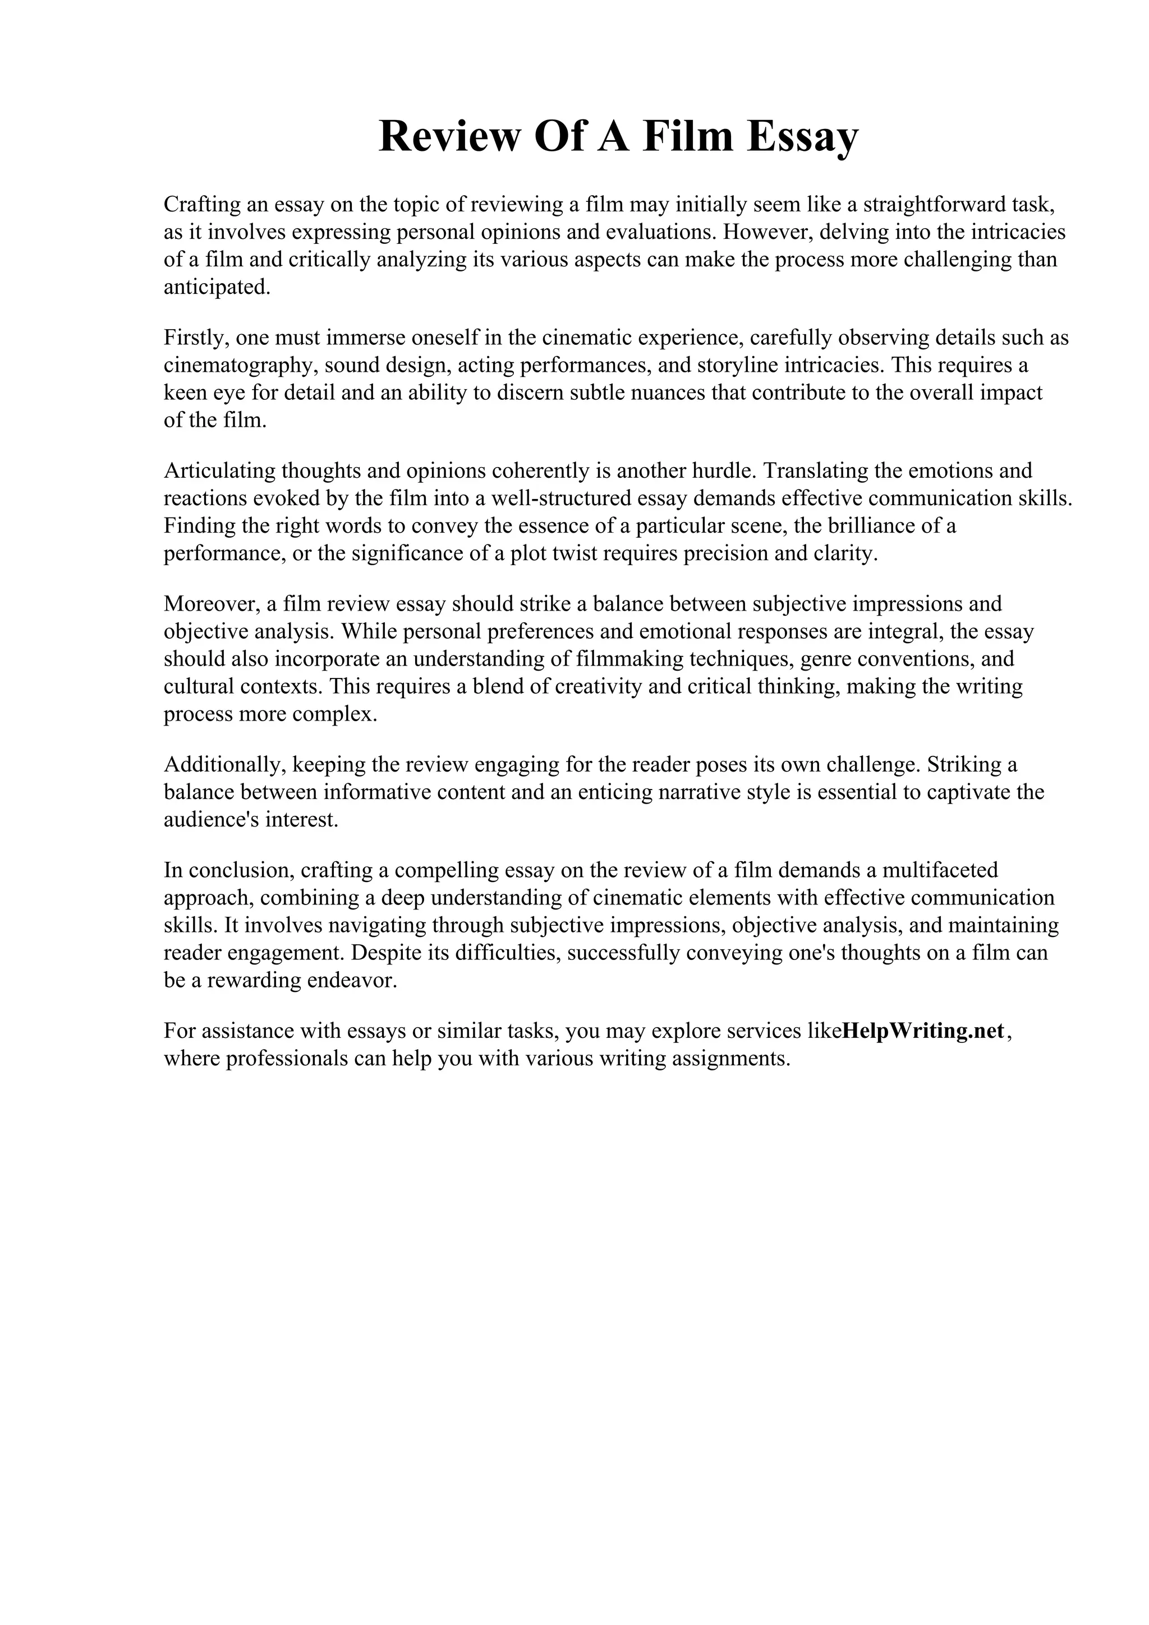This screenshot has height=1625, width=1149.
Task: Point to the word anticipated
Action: point(217,287)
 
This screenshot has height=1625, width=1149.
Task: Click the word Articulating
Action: point(219,470)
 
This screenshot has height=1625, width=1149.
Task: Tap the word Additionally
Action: point(224,764)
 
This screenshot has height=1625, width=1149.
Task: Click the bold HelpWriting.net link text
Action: point(923,1031)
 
